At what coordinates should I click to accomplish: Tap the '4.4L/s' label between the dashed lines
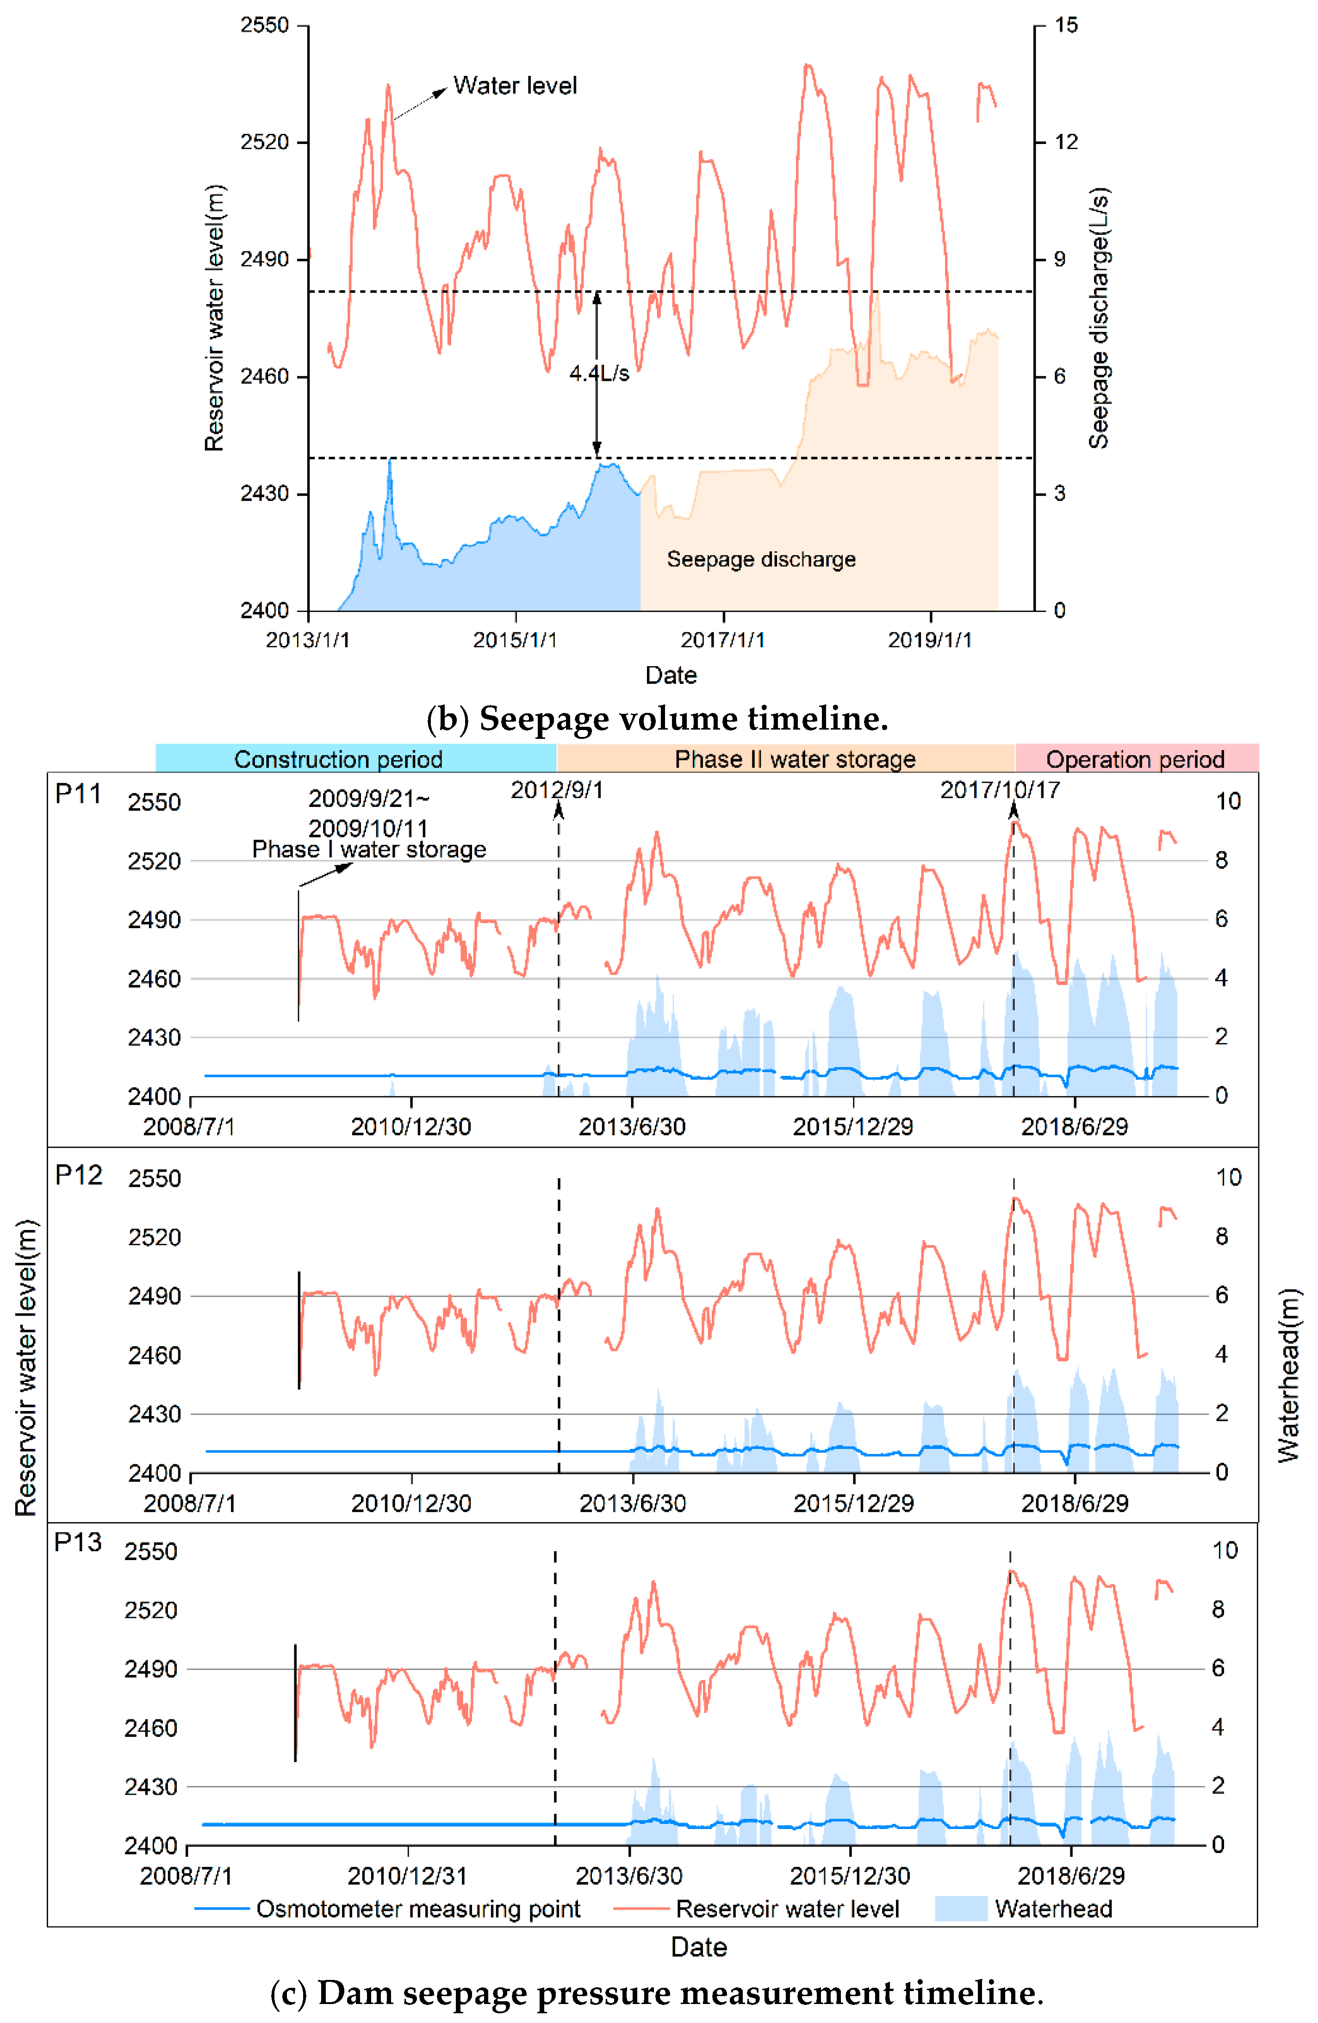599,373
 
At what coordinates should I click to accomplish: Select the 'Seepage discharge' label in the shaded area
760,559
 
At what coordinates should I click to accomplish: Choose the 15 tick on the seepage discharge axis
1066,25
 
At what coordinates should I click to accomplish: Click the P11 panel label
78,794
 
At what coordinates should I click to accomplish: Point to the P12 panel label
78,1175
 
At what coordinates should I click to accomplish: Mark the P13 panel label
77,1542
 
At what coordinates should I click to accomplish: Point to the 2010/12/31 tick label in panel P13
407,1875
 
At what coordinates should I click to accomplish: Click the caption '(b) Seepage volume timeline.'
657,718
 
